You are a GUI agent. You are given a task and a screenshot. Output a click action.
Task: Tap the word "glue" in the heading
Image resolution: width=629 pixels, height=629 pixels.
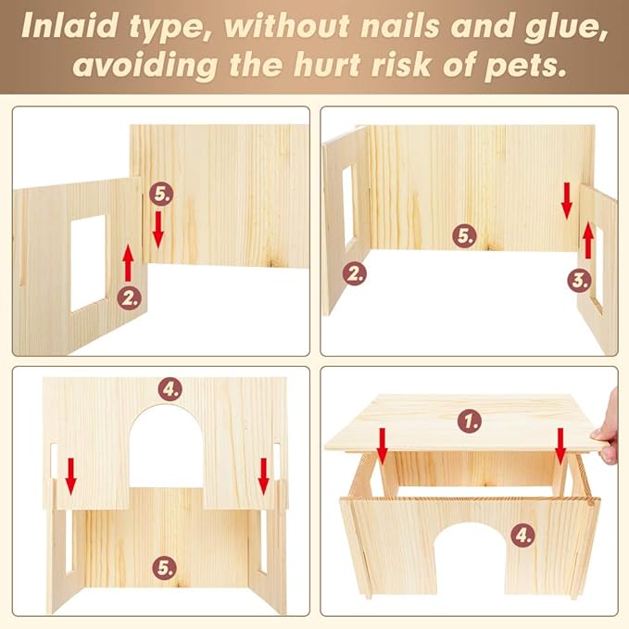click(565, 28)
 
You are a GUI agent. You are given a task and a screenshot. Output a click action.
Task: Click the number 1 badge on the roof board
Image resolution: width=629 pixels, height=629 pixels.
click(470, 421)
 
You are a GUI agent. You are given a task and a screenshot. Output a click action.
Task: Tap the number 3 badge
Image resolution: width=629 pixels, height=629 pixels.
click(580, 281)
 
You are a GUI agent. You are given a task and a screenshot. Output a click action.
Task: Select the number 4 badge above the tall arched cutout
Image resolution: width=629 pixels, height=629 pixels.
click(170, 389)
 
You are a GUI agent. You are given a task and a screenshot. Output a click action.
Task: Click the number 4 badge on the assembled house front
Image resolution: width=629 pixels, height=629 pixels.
click(523, 535)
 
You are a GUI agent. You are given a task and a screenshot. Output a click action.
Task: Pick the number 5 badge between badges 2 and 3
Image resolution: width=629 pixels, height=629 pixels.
click(464, 235)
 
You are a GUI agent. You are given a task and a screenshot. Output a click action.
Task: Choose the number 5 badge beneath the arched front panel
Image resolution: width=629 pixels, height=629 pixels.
click(165, 568)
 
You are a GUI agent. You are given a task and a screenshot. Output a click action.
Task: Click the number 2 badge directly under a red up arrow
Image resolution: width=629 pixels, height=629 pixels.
click(129, 297)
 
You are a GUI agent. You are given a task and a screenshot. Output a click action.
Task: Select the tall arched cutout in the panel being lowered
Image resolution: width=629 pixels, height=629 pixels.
click(166, 447)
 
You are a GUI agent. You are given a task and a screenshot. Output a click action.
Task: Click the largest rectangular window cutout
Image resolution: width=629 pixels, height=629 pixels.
click(88, 263)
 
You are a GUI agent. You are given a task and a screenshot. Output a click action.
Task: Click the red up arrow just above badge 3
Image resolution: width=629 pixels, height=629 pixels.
click(587, 240)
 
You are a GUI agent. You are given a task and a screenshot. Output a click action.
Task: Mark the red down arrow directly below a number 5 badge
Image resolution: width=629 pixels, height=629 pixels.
click(158, 230)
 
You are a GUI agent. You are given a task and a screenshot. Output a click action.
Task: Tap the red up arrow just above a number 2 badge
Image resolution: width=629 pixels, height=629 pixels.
click(128, 263)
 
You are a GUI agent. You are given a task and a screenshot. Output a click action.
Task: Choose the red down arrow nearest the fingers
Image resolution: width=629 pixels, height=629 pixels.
click(560, 447)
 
